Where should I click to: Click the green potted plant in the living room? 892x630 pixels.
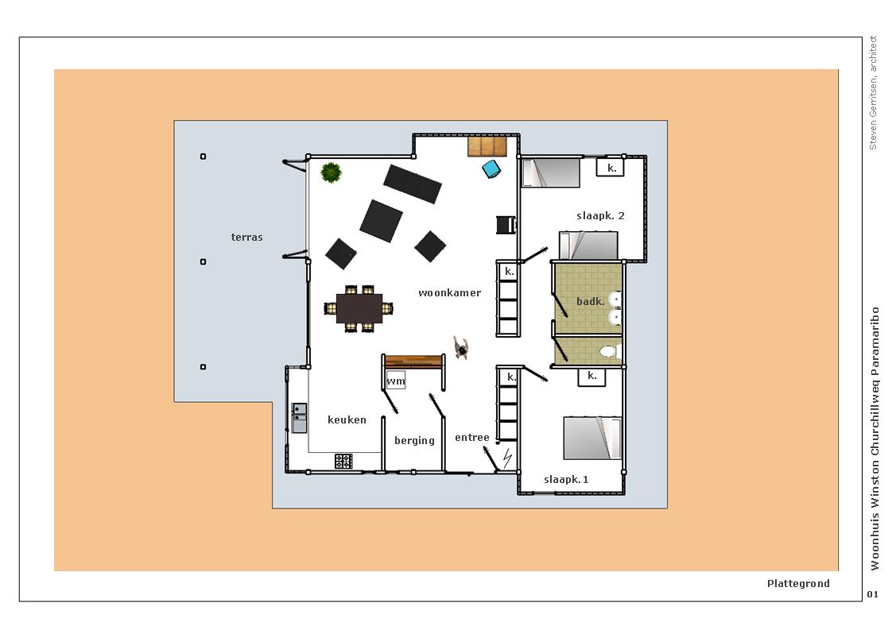tap(331, 172)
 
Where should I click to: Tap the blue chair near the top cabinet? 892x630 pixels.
tap(491, 169)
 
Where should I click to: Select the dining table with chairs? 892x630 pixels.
tap(359, 308)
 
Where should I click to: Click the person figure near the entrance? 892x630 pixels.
tap(461, 347)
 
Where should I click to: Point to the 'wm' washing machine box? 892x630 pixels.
tap(396, 381)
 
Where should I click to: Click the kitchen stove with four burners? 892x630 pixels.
tap(343, 461)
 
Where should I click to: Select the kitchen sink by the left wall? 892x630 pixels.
tap(299, 418)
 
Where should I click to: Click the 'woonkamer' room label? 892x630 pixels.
tap(449, 293)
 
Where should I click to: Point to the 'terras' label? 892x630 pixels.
tap(247, 237)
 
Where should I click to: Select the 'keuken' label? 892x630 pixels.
tap(347, 419)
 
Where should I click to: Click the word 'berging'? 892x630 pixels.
tap(414, 440)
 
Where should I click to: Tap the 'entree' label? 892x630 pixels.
tap(472, 437)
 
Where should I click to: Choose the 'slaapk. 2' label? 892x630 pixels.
tap(600, 215)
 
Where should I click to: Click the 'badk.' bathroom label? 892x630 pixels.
tap(591, 301)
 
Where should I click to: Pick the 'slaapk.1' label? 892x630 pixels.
tap(566, 479)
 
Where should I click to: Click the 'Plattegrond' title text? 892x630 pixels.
tap(798, 583)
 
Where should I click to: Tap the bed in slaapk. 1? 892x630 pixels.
tap(591, 438)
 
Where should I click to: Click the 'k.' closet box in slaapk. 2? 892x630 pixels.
tap(611, 167)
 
